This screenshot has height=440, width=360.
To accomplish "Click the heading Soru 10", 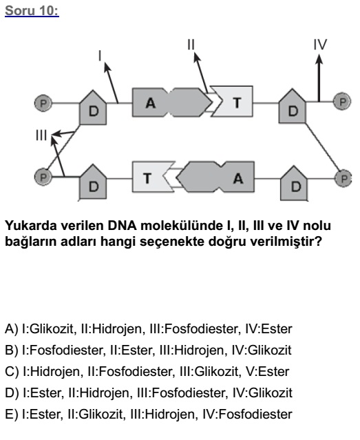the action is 32,11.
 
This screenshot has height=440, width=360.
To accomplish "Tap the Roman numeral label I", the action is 100,56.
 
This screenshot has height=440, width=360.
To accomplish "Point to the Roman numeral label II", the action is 191,44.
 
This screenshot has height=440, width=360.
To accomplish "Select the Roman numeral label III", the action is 41,135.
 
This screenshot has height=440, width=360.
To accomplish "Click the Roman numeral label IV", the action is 320,44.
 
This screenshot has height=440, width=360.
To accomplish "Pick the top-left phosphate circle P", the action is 43,103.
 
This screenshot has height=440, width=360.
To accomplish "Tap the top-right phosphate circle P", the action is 342,101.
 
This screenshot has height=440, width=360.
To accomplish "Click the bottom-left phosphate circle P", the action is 43,177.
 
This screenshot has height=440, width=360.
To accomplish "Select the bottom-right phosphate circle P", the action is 343,178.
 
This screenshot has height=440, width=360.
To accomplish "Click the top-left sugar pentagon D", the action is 93,108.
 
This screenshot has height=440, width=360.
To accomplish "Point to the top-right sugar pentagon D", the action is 293,107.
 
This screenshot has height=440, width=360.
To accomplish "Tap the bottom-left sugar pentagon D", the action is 93,182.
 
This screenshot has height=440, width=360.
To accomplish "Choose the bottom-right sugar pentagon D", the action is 295,184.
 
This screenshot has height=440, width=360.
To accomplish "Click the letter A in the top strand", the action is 150,103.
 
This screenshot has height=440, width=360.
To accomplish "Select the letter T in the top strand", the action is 237,103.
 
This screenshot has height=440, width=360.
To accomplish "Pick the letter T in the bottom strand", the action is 147,178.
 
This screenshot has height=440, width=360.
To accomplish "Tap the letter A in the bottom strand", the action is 238,178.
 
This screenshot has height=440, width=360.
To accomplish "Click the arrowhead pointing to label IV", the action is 319,59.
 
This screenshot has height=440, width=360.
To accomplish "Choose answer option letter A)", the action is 12,329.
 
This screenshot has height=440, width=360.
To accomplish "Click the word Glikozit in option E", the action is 101,415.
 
